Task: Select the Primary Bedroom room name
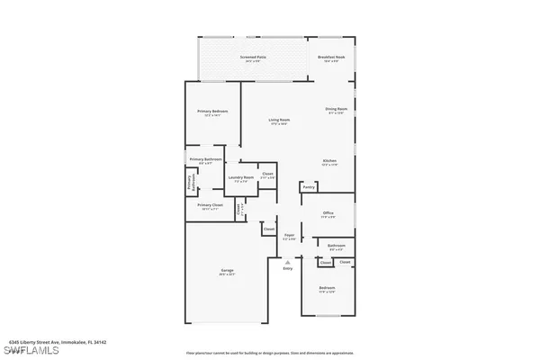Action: click(x=212, y=112)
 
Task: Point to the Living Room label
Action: click(x=278, y=121)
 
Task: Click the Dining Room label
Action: click(x=337, y=111)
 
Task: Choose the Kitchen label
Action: click(x=329, y=163)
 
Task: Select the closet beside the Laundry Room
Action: click(x=267, y=175)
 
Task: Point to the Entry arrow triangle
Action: click(x=288, y=262)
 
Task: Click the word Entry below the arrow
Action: click(x=288, y=269)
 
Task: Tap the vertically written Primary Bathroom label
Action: click(x=190, y=183)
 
